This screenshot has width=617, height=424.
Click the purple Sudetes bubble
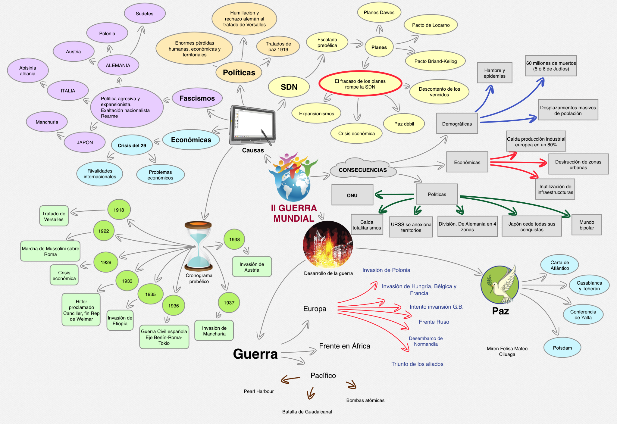(145, 14)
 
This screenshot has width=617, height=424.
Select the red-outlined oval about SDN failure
(360, 84)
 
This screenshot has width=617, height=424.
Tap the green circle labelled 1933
(127, 281)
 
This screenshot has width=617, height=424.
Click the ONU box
(352, 195)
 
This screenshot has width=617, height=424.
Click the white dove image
(501, 285)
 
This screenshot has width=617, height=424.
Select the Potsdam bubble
(562, 348)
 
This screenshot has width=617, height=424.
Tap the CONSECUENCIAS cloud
(363, 170)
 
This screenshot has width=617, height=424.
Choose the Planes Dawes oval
(379, 12)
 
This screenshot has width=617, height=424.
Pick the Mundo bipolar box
(587, 225)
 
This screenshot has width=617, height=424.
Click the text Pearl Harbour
(259, 391)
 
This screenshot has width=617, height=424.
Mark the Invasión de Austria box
(252, 267)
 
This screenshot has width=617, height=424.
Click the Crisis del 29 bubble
(132, 145)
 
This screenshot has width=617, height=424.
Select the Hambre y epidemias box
(494, 73)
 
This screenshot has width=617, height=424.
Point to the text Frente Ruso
(434, 322)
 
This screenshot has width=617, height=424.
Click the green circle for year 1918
(119, 210)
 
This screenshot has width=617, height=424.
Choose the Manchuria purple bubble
(47, 122)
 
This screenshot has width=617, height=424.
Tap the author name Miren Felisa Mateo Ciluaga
(507, 351)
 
